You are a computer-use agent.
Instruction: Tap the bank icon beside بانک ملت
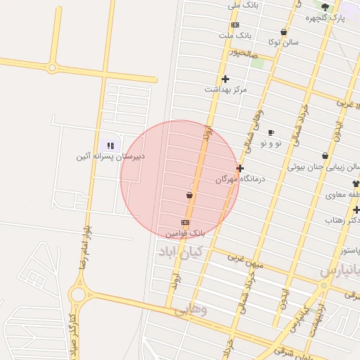tap(235, 25)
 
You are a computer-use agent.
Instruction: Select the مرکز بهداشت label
tap(226, 89)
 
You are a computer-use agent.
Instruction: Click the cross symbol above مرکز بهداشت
tap(225, 79)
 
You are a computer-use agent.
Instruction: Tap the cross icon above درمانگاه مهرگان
tap(240, 168)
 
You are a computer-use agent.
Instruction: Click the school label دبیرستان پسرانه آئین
tap(110, 156)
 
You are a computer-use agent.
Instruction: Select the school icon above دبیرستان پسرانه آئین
tap(110, 146)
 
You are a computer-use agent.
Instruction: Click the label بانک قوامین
tap(185, 232)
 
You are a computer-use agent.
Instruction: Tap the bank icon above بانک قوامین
tap(185, 222)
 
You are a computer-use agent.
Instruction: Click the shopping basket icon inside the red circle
tap(189, 195)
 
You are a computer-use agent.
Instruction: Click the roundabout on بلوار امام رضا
tap(77, 293)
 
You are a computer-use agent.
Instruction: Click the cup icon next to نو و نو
tap(271, 132)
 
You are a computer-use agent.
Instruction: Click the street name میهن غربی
tap(245, 259)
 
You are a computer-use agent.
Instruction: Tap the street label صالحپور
tap(245, 53)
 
